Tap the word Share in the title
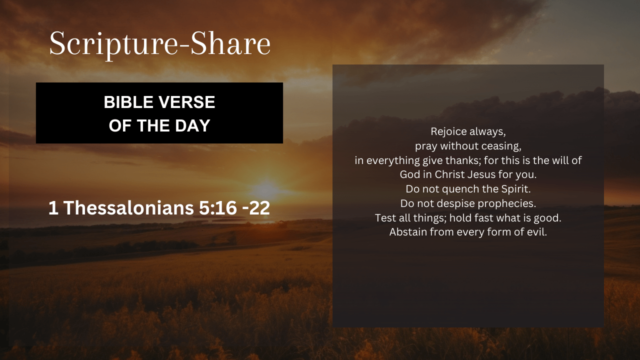tap(230, 43)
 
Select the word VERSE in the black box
tap(187, 102)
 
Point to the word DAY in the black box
tap(192, 125)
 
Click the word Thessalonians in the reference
tap(128, 207)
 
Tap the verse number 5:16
tap(218, 207)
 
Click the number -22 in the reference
tap(256, 207)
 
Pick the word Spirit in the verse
tap(516, 189)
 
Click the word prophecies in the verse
tap(507, 203)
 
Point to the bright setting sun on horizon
tap(265, 189)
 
